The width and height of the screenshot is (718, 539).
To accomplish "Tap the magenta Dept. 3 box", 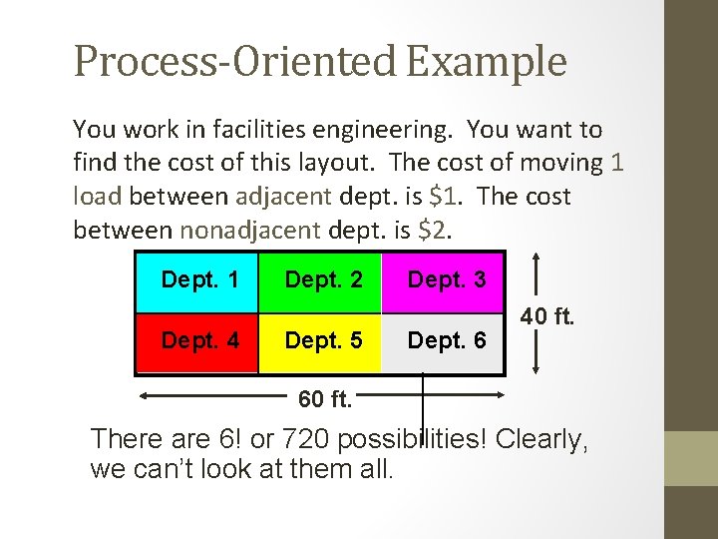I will tap(444, 280).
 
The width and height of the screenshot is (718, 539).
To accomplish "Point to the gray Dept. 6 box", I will tap(444, 341).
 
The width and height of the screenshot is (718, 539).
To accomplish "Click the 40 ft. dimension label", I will tap(547, 317).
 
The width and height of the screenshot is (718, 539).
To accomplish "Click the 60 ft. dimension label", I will tap(325, 400).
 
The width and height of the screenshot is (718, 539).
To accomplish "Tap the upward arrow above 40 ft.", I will tap(538, 274).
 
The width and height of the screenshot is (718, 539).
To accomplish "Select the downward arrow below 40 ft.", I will tap(538, 355).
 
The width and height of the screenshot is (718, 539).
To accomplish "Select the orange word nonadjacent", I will tap(250, 231).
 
